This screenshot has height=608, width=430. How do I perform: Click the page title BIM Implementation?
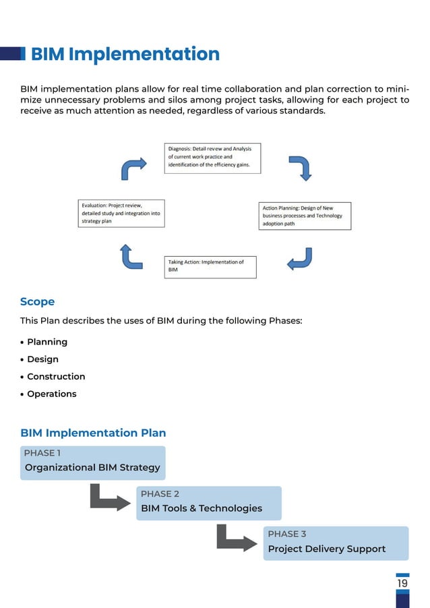click(125, 54)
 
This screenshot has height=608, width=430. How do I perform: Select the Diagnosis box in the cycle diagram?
click(212, 158)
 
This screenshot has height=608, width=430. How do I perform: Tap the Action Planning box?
click(305, 216)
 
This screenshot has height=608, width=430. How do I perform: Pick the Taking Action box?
click(212, 266)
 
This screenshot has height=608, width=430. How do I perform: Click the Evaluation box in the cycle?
click(121, 213)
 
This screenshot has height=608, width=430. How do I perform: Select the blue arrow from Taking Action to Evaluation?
click(130, 256)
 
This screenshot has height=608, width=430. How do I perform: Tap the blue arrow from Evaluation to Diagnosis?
click(133, 168)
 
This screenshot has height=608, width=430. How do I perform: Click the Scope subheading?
click(37, 301)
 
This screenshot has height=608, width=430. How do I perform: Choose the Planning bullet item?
click(47, 342)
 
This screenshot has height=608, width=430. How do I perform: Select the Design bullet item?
click(42, 359)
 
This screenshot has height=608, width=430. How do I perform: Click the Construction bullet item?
click(56, 376)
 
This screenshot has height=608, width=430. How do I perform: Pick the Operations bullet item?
click(52, 394)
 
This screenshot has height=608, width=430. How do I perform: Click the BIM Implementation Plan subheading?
click(93, 433)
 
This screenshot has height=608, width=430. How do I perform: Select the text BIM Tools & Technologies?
click(202, 508)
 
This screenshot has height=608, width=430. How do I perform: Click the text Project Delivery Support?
click(327, 549)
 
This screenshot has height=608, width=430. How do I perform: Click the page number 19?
click(402, 584)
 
